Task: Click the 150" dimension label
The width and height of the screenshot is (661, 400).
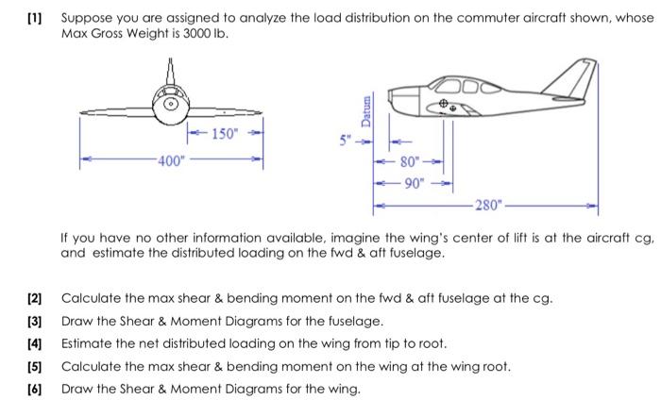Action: (225, 133)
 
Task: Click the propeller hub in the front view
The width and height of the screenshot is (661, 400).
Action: (170, 105)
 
